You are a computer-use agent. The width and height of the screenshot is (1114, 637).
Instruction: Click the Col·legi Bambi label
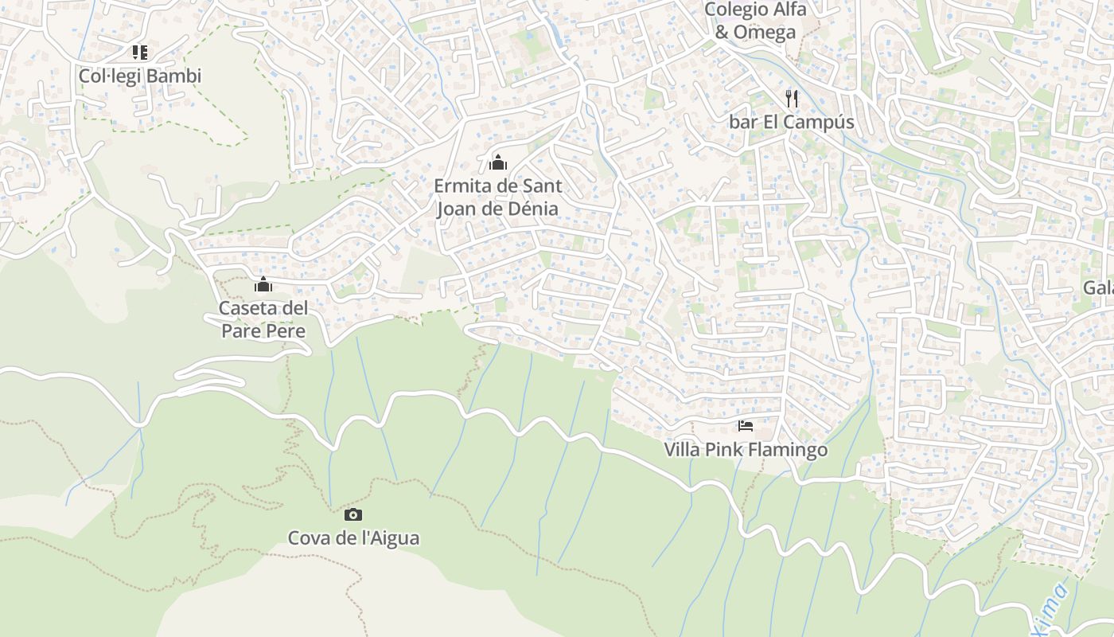click(140, 76)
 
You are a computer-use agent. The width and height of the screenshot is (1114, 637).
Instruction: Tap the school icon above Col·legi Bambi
click(140, 53)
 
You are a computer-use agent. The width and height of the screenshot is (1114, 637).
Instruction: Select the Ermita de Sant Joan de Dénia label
click(498, 197)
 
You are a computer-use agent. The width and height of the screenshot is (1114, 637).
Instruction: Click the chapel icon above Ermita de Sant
click(498, 163)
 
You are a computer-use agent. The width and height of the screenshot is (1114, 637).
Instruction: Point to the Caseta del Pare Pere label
click(263, 319)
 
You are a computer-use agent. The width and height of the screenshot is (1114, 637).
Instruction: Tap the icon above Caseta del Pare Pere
click(263, 284)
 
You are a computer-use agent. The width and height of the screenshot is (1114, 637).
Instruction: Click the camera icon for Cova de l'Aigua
click(353, 514)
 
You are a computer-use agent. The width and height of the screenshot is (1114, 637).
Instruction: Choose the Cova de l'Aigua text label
click(353, 538)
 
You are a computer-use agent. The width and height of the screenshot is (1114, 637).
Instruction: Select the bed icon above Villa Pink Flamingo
click(746, 426)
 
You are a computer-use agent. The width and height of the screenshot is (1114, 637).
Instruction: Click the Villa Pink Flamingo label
click(746, 450)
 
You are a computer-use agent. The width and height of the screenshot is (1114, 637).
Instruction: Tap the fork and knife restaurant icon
click(792, 98)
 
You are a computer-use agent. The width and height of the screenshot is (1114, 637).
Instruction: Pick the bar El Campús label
click(792, 122)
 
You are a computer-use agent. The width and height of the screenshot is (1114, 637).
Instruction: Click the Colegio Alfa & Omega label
click(755, 21)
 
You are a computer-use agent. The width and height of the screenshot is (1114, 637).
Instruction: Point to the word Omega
click(765, 33)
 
